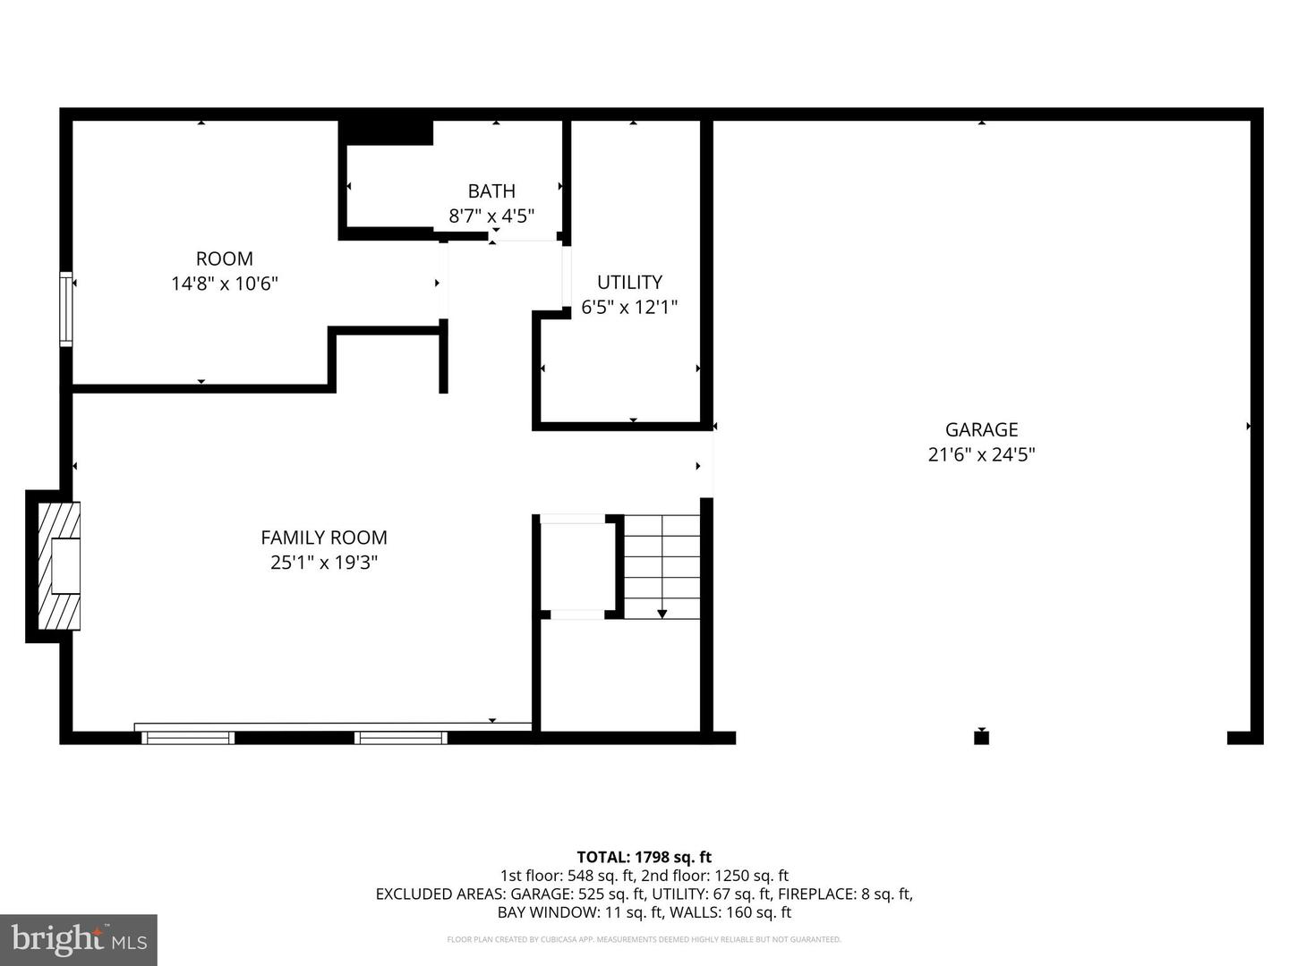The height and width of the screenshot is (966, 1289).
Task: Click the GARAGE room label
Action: click(x=981, y=429)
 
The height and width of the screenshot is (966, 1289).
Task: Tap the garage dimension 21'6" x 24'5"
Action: click(x=981, y=454)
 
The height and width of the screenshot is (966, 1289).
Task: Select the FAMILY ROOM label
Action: click(x=323, y=538)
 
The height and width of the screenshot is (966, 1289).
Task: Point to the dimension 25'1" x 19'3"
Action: click(x=323, y=563)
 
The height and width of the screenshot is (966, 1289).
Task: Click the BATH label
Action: click(x=491, y=191)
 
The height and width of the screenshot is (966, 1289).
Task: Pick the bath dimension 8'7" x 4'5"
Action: click(x=491, y=216)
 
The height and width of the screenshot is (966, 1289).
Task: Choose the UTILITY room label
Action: click(x=629, y=282)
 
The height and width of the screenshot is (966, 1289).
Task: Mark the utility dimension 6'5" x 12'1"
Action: click(x=629, y=307)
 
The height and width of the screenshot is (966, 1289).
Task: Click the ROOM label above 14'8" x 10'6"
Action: click(x=224, y=258)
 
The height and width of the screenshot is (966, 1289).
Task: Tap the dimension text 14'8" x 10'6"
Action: click(x=224, y=284)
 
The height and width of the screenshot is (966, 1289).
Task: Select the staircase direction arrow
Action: click(x=662, y=613)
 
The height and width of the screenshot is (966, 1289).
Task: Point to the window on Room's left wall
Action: click(x=65, y=309)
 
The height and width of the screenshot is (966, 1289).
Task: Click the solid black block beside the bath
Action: click(x=387, y=131)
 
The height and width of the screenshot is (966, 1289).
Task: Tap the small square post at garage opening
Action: click(x=981, y=737)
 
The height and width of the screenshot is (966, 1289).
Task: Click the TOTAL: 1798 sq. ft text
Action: click(x=644, y=857)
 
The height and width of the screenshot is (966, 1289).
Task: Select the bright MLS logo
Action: click(x=78, y=939)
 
